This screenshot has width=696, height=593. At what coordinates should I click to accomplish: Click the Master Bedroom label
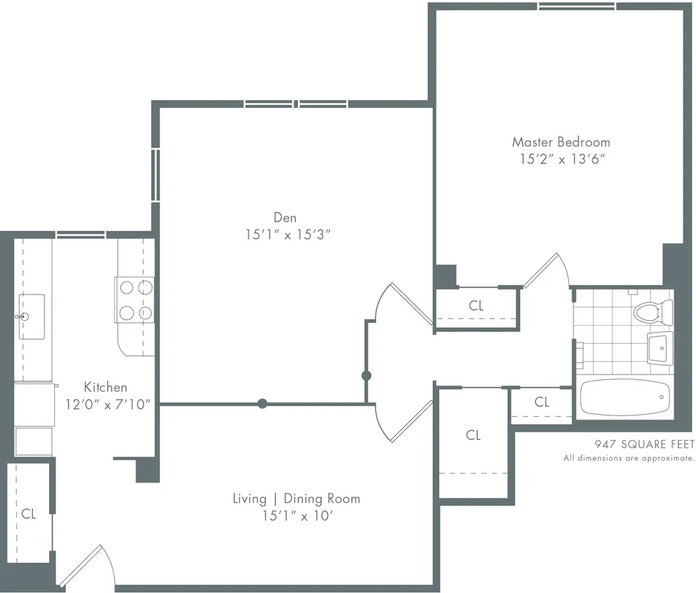pos(561,142)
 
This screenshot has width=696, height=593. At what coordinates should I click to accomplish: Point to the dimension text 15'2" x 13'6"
pos(561,159)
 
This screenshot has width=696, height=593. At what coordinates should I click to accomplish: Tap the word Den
pos(285,218)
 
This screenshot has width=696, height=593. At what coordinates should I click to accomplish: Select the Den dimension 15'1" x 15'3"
pos(286,235)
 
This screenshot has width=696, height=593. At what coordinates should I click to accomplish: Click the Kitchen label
pos(106,387)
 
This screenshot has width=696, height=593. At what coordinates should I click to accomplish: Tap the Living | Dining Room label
pos(296,498)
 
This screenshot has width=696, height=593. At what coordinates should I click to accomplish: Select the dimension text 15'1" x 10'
pos(296,516)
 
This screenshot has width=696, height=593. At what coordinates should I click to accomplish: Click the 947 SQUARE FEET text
pos(644,443)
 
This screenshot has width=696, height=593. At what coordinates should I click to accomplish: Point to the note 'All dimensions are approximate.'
pos(628,458)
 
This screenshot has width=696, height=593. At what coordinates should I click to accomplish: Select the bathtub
pos(624,397)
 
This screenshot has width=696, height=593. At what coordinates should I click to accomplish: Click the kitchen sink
pos(31,307)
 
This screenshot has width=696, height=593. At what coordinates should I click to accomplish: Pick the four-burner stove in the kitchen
pos(134,299)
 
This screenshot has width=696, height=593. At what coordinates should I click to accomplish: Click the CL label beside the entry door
pos(29,514)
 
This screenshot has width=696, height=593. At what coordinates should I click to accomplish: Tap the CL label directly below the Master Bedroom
pos(476,306)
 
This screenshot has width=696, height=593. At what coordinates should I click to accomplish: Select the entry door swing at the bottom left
pos(87,564)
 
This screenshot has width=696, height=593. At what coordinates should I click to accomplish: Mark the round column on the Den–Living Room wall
pos(262,403)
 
